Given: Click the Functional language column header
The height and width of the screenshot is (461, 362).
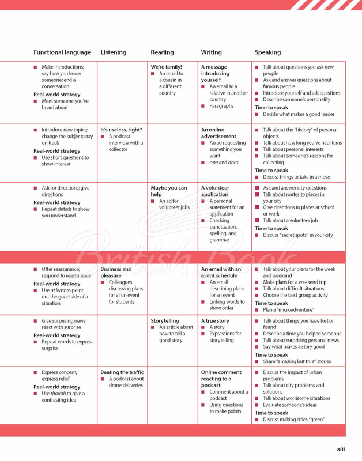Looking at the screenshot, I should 62,52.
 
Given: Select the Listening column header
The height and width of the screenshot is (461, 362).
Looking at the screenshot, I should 113,52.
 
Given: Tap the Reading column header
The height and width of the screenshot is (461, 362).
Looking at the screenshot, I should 162,52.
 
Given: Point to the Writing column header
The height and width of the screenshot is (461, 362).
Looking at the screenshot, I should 211,52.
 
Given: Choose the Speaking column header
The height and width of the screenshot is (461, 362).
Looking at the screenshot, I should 268,52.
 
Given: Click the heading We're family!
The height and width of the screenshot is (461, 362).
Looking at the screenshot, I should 166,67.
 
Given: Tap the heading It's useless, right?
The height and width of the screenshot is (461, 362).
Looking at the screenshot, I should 121,130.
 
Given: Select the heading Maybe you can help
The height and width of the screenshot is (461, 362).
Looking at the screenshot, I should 169,191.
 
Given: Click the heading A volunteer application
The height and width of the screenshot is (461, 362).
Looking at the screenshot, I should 215,191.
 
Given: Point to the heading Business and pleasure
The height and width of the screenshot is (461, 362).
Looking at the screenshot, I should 116,272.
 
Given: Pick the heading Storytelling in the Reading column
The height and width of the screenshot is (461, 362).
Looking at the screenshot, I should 165,321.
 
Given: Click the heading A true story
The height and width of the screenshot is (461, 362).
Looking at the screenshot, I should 215,321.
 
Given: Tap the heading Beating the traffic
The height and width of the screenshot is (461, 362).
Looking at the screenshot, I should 122,372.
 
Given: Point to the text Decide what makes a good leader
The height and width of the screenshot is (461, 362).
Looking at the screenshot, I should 299,114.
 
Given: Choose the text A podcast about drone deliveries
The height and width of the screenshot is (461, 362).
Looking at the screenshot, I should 126,382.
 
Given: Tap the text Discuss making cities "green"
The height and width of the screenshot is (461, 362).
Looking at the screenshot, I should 293,420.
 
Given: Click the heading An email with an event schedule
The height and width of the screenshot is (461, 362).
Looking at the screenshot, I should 221,272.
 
